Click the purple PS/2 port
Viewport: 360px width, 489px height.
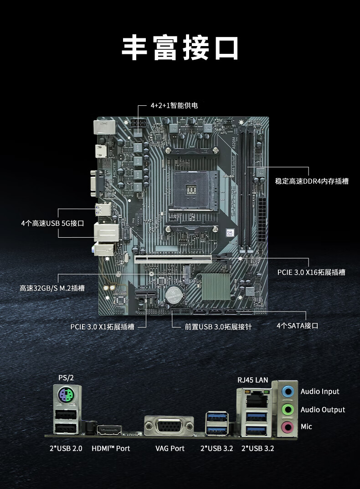(x=66, y=395)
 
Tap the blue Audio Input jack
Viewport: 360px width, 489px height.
(x=288, y=391)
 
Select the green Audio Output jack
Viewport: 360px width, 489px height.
(x=288, y=409)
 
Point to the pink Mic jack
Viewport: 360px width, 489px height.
(x=288, y=427)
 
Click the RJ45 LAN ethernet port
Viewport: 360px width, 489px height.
(x=256, y=400)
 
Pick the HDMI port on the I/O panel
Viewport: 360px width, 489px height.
(x=109, y=430)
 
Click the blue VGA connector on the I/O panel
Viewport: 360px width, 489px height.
(x=169, y=426)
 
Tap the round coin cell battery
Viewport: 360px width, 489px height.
(x=174, y=294)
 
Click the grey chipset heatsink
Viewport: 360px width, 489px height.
(x=216, y=286)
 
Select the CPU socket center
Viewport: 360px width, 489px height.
(x=191, y=190)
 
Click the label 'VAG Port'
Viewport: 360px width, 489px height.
(x=170, y=448)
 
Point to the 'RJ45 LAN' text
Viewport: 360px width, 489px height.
(x=252, y=380)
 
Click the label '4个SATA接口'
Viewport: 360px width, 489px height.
(x=298, y=326)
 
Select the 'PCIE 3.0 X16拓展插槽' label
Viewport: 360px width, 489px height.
(x=311, y=272)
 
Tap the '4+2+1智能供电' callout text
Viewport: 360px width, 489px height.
(x=174, y=105)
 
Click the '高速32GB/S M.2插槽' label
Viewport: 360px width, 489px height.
(x=52, y=288)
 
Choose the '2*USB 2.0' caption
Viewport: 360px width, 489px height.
(x=66, y=448)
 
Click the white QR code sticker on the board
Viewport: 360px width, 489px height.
(x=230, y=233)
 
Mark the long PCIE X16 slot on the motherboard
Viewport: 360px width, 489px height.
(x=173, y=259)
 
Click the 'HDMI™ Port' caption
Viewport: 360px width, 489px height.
(x=111, y=448)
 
